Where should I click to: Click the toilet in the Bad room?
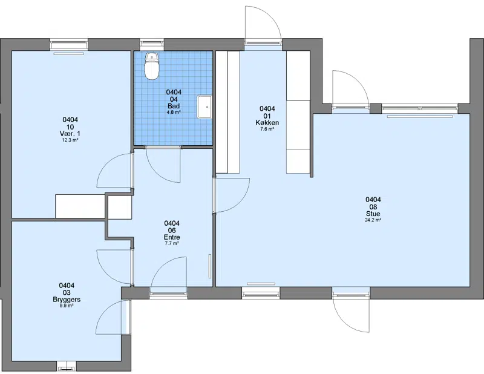pyautogui.click(x=152, y=66)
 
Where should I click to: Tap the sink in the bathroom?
pyautogui.click(x=204, y=107)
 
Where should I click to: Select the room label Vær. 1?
pyautogui.click(x=70, y=133)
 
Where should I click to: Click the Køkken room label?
pyautogui.click(x=267, y=123)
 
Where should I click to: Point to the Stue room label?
pyautogui.click(x=373, y=214)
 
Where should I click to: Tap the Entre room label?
pyautogui.click(x=172, y=237)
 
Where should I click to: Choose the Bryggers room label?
pyautogui.click(x=67, y=300)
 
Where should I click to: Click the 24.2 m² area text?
pyautogui.click(x=373, y=220)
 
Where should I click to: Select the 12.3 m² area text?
pyautogui.click(x=70, y=140)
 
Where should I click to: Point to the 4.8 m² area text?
pyautogui.click(x=174, y=113)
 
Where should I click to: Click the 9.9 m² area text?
pyautogui.click(x=67, y=306)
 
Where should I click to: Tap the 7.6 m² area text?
pyautogui.click(x=267, y=129)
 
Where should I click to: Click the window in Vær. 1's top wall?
pyautogui.click(x=69, y=44)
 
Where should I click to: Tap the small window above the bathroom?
pyautogui.click(x=152, y=44)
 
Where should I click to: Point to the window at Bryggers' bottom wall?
pyautogui.click(x=67, y=366)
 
